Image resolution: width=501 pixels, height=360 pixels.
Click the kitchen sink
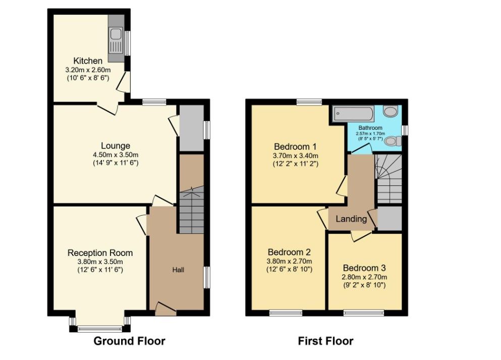pyautogui.click(x=116, y=40)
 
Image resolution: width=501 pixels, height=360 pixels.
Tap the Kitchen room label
pyautogui.click(x=88, y=61)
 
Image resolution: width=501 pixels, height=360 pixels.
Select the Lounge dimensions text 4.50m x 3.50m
pyautogui.click(x=116, y=155)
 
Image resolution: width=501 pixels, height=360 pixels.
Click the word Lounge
pyautogui.click(x=116, y=146)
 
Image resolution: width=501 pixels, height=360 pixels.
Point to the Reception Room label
pyautogui.click(x=100, y=253)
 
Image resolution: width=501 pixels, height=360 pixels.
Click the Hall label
pyautogui.click(x=178, y=270)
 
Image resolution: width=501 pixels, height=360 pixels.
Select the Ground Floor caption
pyautogui.click(x=129, y=341)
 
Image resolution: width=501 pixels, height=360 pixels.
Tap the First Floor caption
pyautogui.click(x=325, y=341)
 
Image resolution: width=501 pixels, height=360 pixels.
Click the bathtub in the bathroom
pyautogui.click(x=353, y=114)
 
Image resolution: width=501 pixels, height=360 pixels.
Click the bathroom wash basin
pyautogui.click(x=391, y=111)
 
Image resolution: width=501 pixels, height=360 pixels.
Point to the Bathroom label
pyautogui.click(x=370, y=128)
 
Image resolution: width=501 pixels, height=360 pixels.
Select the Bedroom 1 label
pyautogui.click(x=295, y=147)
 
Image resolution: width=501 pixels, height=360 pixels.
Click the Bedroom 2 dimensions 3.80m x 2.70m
pyautogui.click(x=290, y=261)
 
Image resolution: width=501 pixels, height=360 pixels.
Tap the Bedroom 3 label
pyautogui.click(x=365, y=268)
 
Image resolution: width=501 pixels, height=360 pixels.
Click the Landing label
pyautogui.click(x=351, y=219)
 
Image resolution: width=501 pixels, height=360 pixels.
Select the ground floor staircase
pyautogui.click(x=191, y=210)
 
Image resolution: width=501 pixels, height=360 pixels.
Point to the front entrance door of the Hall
pyautogui.click(x=165, y=309)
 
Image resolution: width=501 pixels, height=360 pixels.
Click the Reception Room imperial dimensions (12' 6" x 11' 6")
pyautogui.click(x=100, y=270)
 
